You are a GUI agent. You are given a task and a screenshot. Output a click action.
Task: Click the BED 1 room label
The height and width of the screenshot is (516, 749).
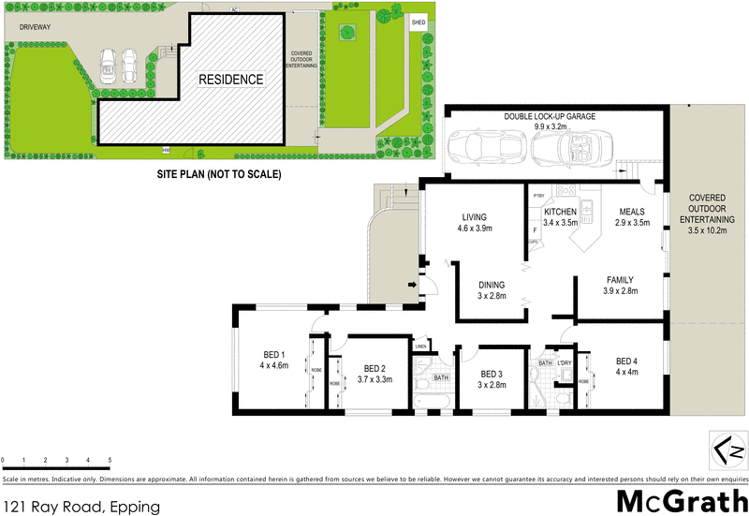coord(273,354)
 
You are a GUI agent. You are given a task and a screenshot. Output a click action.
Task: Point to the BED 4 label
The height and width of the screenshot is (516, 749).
coord(626,361)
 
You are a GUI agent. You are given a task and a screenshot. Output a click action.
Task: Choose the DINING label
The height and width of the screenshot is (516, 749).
coord(492,285)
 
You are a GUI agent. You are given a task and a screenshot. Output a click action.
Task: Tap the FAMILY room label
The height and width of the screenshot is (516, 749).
coord(620,279)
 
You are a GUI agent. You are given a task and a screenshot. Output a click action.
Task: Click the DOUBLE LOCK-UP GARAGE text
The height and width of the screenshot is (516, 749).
coord(550,117)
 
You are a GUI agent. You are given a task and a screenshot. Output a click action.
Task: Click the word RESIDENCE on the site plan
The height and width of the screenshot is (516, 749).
coord(229,80)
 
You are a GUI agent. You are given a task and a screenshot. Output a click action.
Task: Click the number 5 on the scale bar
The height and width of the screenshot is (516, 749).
coord(110,461)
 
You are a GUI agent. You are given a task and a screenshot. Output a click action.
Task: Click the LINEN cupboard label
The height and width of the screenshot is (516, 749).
coord(421,346)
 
